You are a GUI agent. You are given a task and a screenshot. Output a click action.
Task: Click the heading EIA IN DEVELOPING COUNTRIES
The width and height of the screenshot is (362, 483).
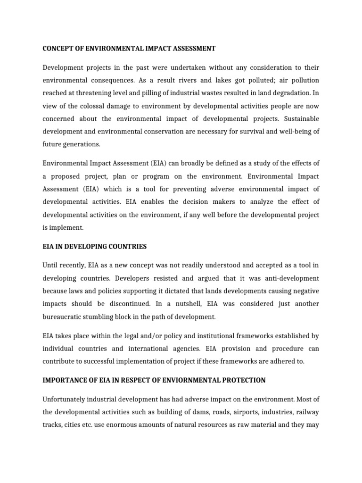point(95,247)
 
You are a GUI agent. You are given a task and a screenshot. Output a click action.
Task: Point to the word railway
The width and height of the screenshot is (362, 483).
point(308,412)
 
